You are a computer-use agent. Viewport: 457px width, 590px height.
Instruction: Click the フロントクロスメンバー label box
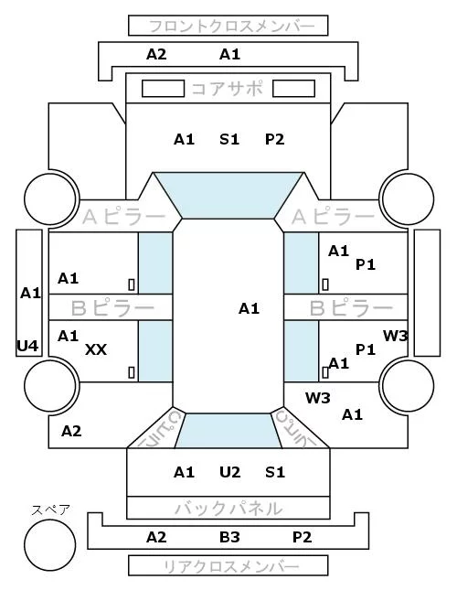228,26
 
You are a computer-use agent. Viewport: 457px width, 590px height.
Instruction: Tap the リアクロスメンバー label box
228,565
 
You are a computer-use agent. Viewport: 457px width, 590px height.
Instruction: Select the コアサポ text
228,89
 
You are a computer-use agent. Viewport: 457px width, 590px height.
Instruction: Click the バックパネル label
228,509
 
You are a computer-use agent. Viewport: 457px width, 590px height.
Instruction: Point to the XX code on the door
96,349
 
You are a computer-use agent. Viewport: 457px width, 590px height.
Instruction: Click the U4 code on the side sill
27,346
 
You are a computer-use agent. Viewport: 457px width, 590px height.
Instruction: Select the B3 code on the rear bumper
229,537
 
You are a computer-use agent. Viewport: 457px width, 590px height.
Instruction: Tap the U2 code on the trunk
229,472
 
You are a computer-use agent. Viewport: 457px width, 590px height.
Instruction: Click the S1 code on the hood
229,139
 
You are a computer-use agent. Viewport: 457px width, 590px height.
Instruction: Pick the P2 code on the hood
275,139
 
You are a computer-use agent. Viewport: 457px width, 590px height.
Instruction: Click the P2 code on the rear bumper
303,537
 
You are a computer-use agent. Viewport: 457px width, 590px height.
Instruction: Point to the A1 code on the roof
249,308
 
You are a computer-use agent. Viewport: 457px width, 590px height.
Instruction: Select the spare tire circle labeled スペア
50,545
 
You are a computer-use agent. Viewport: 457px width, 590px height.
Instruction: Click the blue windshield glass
228,195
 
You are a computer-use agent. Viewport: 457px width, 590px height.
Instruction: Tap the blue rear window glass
228,431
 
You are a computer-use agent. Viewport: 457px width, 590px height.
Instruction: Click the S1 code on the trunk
275,472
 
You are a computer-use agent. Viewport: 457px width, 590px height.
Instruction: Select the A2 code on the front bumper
156,54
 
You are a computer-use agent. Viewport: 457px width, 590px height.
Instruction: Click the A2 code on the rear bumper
156,537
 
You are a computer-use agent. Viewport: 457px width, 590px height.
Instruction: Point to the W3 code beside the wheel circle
318,397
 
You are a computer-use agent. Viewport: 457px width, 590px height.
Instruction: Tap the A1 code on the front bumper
229,54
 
